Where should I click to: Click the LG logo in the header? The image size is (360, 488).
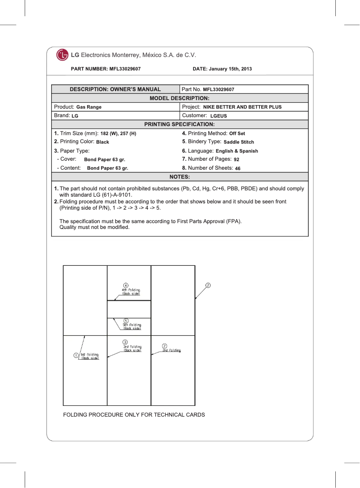coord(62,55)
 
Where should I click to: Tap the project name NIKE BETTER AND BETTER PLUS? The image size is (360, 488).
coord(242,107)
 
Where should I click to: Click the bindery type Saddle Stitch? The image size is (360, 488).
coord(239,142)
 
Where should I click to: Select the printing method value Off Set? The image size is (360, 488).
coord(237,134)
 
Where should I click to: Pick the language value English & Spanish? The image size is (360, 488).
coord(237,151)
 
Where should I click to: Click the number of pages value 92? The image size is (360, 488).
coord(236,160)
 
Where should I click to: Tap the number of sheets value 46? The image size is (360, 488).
coord(238,169)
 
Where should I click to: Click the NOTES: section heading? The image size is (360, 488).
coord(180,177)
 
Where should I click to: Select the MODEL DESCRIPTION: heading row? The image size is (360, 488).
coord(180,98)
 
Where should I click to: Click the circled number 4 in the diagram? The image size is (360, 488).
coord(126,285)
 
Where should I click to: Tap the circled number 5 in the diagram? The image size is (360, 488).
coord(126,320)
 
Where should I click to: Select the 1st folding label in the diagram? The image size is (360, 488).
coord(89,356)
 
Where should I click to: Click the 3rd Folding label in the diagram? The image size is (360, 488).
coord(132,348)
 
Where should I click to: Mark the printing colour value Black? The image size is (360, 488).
coord(103,142)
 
